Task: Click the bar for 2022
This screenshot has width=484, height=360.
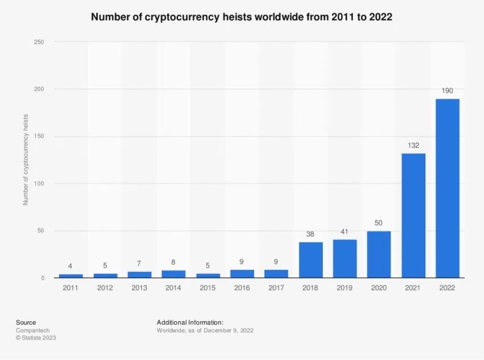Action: click(447, 188)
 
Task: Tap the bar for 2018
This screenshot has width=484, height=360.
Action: click(310, 260)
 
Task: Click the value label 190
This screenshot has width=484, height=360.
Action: click(447, 91)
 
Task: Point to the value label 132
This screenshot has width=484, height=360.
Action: click(413, 146)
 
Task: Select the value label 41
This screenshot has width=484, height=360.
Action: click(344, 232)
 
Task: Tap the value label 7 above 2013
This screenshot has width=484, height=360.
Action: click(139, 264)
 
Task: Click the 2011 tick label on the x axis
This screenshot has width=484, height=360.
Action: click(71, 288)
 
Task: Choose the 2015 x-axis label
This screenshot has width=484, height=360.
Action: click(208, 288)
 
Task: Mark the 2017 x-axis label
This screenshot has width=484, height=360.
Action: click(276, 288)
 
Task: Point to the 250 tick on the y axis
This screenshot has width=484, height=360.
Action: click(39, 42)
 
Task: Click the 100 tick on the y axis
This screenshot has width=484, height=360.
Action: click(39, 184)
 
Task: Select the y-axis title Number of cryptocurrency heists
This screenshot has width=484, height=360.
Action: click(26, 159)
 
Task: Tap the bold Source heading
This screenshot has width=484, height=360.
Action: click(26, 322)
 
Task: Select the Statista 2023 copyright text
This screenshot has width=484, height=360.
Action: click(36, 338)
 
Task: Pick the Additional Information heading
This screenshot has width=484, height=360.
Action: click(190, 322)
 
